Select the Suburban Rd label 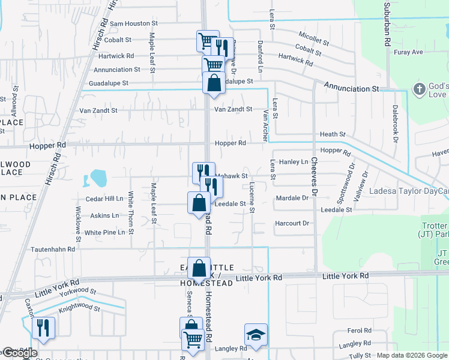pyautogui.click(x=388, y=27)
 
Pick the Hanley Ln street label pyautogui.click(x=294, y=161)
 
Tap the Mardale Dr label pyautogui.click(x=292, y=197)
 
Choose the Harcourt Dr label pyautogui.click(x=291, y=223)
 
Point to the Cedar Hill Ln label pyautogui.click(x=104, y=199)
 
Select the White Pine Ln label pyautogui.click(x=104, y=232)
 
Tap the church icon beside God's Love pyautogui.click(x=419, y=90)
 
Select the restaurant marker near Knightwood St pyautogui.click(x=43, y=328)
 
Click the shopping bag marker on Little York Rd pyautogui.click(x=199, y=268)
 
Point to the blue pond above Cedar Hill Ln pyautogui.click(x=97, y=178)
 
